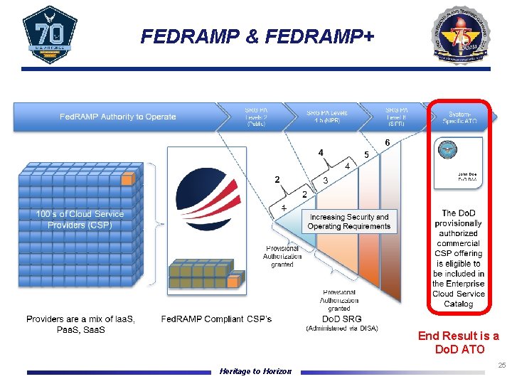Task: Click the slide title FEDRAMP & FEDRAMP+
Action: [257, 36]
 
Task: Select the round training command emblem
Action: [464, 35]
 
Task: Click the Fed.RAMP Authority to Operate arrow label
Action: [117, 117]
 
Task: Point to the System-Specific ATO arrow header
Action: [463, 117]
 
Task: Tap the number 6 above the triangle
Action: [387, 143]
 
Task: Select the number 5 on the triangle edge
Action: [366, 154]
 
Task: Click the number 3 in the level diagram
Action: [325, 181]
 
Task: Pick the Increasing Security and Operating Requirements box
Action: [348, 222]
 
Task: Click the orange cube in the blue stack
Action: [127, 180]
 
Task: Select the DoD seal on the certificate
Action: [447, 150]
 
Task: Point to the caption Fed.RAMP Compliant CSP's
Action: [216, 319]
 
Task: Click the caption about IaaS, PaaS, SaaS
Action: [80, 324]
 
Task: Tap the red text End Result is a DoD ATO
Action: [458, 343]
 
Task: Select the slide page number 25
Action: [501, 366]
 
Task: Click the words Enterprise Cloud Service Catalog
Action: [459, 294]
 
